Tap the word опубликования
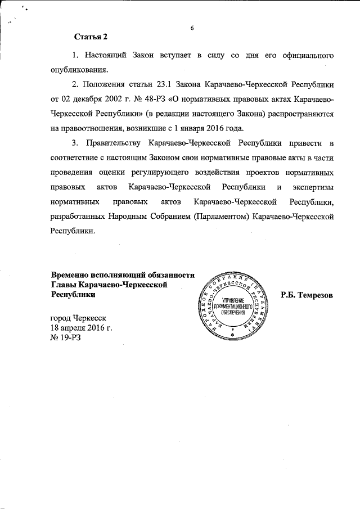[76, 70]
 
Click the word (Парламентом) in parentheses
[220, 215]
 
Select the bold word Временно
[70, 275]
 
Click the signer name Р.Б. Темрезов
[307, 295]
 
